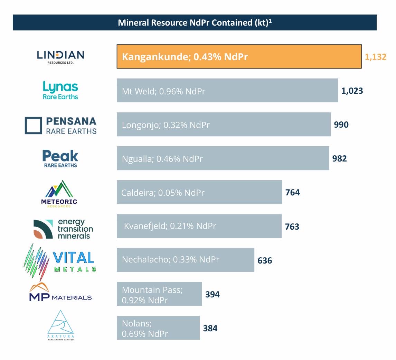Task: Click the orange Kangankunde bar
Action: click(239, 56)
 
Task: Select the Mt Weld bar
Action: click(227, 91)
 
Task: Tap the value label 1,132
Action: click(375, 57)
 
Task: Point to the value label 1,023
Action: click(352, 91)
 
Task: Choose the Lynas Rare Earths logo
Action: click(60, 91)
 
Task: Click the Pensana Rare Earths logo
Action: click(60, 125)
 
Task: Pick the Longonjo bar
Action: click(223, 124)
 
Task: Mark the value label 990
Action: click(341, 125)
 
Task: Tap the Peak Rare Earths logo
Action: click(60, 158)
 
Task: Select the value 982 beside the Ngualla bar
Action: click(339, 158)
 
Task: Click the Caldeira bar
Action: click(199, 192)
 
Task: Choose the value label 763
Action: click(292, 227)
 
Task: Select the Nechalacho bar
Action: click(185, 260)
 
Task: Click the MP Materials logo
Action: click(60, 293)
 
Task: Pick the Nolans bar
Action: click(158, 328)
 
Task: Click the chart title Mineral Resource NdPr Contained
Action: click(195, 22)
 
